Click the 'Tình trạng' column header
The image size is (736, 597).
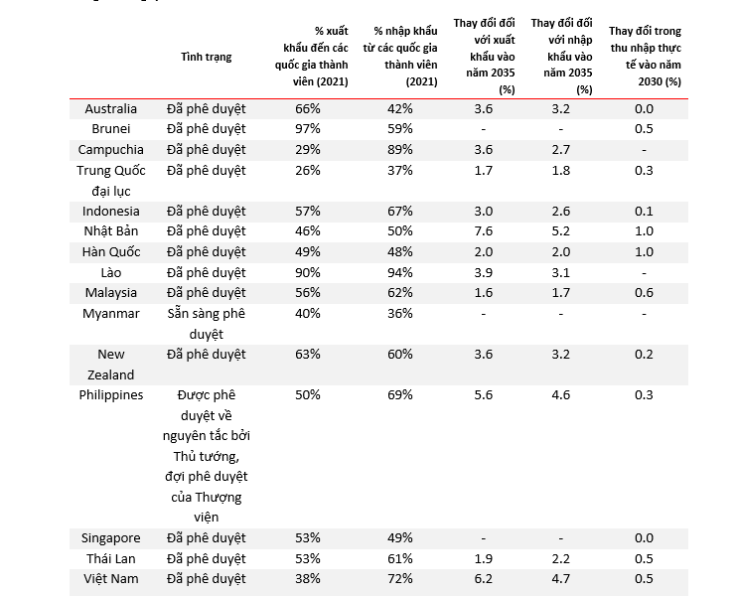(206, 57)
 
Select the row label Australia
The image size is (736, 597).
(111, 109)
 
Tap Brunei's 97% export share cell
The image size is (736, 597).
(308, 128)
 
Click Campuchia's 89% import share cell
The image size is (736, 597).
(400, 149)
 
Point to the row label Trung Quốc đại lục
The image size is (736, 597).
(111, 180)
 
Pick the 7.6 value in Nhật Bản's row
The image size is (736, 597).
(483, 230)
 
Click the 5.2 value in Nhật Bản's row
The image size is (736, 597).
(560, 230)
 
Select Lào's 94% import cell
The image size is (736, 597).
(400, 272)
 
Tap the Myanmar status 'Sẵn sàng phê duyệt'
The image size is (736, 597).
(206, 324)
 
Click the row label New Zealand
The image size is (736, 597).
(111, 365)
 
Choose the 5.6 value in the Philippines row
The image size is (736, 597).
(483, 394)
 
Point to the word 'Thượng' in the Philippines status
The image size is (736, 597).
(218, 497)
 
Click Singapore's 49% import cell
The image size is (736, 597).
(400, 537)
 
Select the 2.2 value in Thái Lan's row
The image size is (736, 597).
(560, 558)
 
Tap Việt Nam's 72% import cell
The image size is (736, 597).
(400, 579)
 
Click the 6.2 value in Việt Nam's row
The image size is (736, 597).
(483, 579)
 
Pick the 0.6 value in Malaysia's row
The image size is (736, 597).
(644, 292)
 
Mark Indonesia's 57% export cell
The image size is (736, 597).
(308, 211)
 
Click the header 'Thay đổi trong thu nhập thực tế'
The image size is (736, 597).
(646, 48)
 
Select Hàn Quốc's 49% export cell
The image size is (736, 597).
(308, 251)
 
